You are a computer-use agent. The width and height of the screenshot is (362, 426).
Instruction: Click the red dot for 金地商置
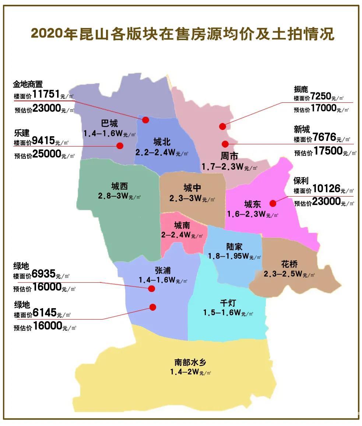tap(145, 120)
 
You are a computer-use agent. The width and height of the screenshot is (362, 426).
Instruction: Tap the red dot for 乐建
tap(120, 145)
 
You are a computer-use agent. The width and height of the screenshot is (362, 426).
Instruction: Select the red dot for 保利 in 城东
tap(273, 203)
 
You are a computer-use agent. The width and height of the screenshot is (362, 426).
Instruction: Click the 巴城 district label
tap(109, 123)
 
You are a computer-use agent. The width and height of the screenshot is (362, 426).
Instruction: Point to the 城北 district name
tap(162, 142)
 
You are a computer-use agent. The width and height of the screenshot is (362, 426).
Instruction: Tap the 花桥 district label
tap(289, 264)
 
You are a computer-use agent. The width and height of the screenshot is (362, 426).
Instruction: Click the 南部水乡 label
tap(190, 362)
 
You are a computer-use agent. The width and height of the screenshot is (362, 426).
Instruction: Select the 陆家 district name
tap(234, 247)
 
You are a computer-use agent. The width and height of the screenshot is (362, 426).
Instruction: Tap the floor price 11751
tap(46, 94)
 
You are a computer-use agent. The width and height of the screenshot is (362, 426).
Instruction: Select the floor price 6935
tap(44, 274)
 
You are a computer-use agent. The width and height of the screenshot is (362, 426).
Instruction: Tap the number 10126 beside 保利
tap(327, 189)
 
